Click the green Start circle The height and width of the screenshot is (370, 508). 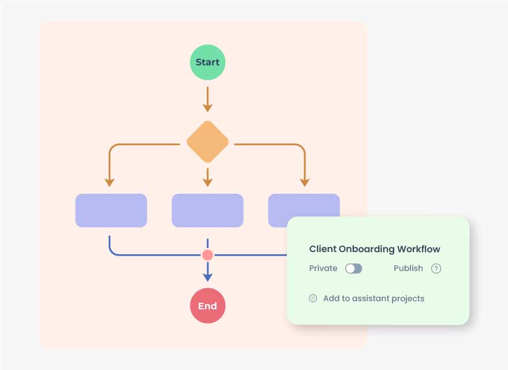tap(207, 62)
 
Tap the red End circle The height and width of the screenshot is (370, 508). tap(207, 306)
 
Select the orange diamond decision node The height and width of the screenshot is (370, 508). tap(207, 142)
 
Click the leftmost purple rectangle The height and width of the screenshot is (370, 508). tap(111, 210)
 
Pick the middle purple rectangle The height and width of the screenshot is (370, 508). tap(207, 210)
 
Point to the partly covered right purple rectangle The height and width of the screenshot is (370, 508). tap(303, 205)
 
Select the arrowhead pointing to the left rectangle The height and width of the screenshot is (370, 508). tap(110, 182)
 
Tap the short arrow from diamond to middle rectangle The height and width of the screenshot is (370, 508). tap(207, 177)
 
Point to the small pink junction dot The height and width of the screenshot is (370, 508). tap(207, 255)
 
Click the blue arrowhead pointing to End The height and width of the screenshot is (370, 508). tap(207, 276)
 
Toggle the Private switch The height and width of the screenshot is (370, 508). tap(353, 268)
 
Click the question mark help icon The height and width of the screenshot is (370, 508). tap(436, 268)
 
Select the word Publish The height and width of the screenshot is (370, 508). tap(408, 268)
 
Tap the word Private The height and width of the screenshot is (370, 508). tap(323, 268)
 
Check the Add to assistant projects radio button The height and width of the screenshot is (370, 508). tap(313, 298)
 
